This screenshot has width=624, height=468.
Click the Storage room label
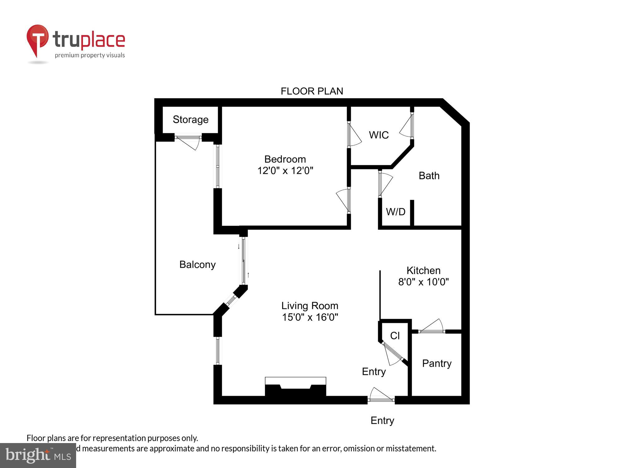[x=190, y=119]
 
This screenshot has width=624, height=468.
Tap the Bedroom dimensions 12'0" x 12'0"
[x=285, y=171]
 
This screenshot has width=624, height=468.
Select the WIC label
[x=378, y=135]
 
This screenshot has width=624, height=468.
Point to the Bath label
[x=429, y=176]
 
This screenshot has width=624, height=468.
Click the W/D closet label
[x=395, y=212]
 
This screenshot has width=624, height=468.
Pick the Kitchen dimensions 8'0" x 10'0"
[x=423, y=282]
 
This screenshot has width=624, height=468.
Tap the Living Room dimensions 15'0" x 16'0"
[x=310, y=317]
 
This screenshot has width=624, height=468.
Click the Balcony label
[x=197, y=265]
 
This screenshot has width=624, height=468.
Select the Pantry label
[x=436, y=363]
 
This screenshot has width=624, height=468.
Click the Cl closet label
[x=395, y=336]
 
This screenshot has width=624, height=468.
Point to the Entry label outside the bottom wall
[x=382, y=421]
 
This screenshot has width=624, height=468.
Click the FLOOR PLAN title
[x=312, y=91]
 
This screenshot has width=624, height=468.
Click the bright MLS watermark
[x=38, y=456]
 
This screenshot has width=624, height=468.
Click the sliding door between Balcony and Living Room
[x=244, y=261]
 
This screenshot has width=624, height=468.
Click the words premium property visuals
[x=90, y=56]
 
